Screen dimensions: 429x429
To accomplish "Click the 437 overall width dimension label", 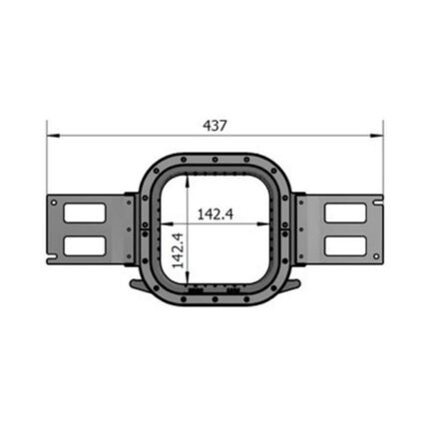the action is click(x=214, y=126).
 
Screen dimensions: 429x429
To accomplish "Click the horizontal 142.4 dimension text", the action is click(x=215, y=214).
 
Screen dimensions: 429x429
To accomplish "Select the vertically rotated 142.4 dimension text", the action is click(x=178, y=250).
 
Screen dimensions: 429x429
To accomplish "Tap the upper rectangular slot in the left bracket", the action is click(x=85, y=213).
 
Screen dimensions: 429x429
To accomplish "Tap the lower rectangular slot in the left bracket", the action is click(x=85, y=245).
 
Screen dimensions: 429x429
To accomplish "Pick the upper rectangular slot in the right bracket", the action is click(x=345, y=213).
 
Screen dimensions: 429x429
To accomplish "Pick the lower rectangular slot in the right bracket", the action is click(x=345, y=245).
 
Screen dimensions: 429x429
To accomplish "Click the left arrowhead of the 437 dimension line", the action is click(x=53, y=136).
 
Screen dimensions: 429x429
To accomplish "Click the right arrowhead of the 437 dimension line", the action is click(x=377, y=136).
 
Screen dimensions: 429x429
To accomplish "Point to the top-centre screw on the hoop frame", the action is click(x=215, y=160).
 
